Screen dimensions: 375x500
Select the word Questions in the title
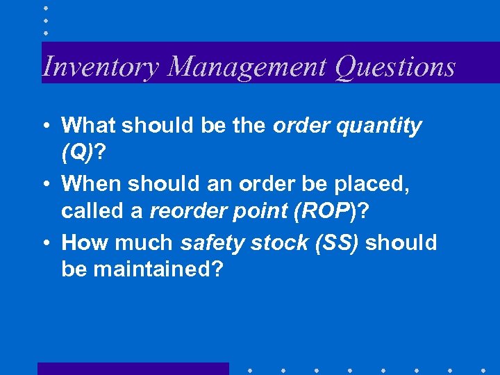tap(394, 67)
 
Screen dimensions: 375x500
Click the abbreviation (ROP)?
tap(327, 210)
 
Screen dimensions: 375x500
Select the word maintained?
tap(142, 268)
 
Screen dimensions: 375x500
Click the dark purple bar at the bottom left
tap(133, 369)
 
